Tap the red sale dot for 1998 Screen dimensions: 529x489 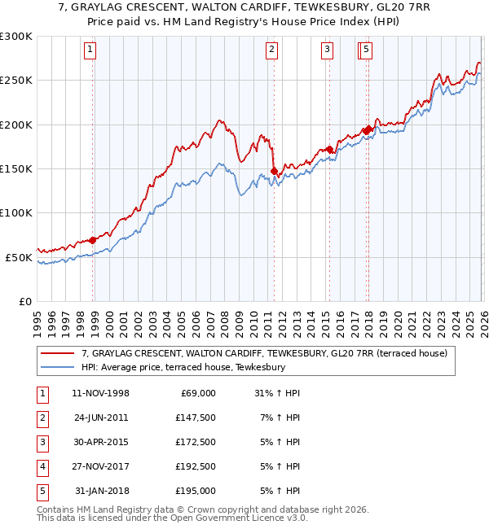pos(93,240)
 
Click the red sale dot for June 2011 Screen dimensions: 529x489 pos(274,171)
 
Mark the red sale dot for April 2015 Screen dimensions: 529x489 pos(329,149)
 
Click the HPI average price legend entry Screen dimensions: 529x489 pos(183,368)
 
